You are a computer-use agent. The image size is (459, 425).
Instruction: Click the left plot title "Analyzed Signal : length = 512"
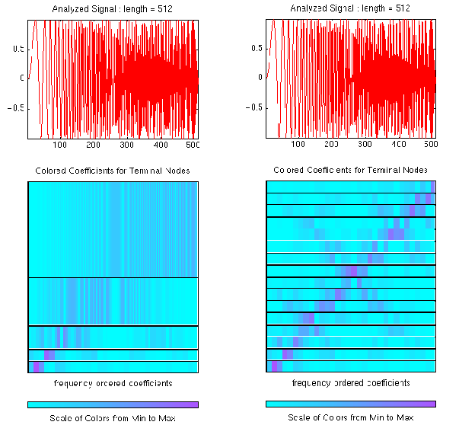[x=113, y=8]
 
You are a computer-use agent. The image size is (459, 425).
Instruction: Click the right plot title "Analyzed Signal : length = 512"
[x=351, y=8]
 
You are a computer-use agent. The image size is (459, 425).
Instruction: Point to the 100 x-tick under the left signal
[x=60, y=145]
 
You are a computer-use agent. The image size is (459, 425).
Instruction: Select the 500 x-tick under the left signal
[x=194, y=145]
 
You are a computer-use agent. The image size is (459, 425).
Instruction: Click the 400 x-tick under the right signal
[x=398, y=144]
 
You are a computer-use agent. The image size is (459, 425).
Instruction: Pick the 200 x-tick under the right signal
[x=331, y=144]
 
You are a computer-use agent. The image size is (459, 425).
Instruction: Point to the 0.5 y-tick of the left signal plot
[x=19, y=49]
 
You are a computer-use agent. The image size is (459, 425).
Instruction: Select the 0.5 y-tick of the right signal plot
[x=257, y=49]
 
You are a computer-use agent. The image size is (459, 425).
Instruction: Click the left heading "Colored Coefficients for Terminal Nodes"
[x=113, y=170]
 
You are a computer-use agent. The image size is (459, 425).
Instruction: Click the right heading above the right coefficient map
[x=350, y=170]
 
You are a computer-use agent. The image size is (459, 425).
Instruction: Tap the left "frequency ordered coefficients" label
[x=113, y=382]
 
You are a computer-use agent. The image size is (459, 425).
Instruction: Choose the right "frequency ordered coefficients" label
[x=351, y=382]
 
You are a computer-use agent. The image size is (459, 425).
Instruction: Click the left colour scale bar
[x=113, y=404]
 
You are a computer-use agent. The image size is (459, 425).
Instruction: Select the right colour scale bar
[x=351, y=404]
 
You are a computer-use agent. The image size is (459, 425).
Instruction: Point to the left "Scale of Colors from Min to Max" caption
[x=113, y=418]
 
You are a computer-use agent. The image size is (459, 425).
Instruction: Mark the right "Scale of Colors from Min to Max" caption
[x=351, y=417]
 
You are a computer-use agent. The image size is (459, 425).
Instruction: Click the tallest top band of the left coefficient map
[x=113, y=228]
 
